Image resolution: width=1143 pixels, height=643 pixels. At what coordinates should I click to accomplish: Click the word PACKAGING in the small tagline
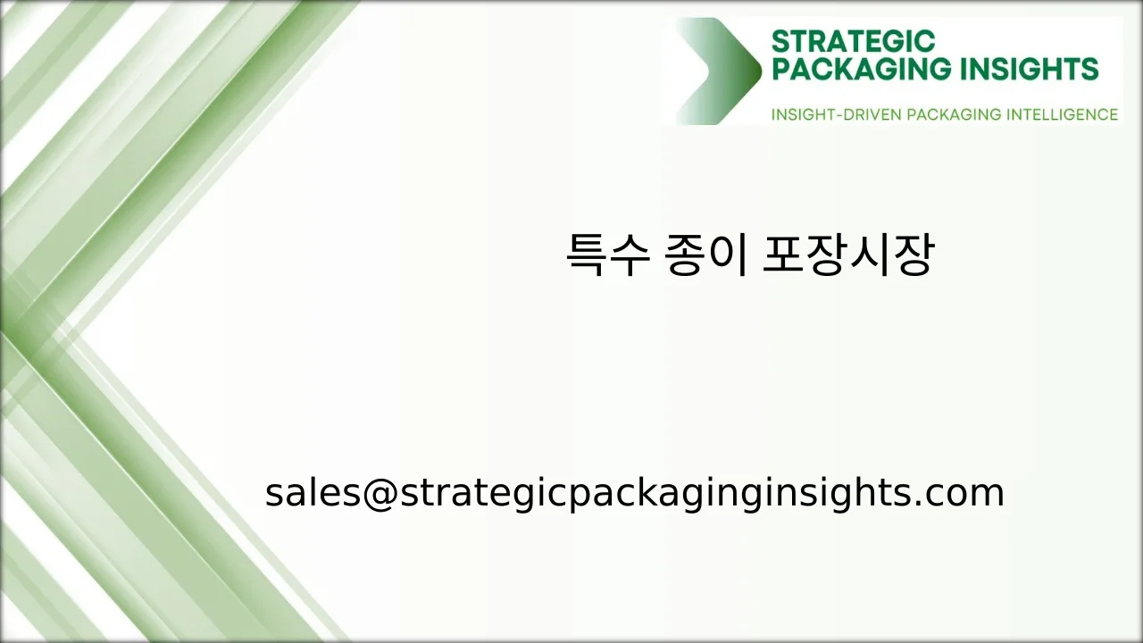tap(953, 115)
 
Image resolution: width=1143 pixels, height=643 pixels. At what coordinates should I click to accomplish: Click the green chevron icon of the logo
tap(718, 71)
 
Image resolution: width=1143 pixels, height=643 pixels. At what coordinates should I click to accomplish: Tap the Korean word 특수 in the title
tap(606, 255)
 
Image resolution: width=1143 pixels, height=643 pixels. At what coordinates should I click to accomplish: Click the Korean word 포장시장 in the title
tap(847, 255)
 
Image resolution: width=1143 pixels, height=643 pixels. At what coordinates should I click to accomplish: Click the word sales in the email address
tap(313, 494)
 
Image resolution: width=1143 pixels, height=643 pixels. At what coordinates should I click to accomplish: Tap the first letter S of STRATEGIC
tap(780, 42)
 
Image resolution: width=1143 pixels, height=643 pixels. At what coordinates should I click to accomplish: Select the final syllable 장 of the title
tap(912, 255)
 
